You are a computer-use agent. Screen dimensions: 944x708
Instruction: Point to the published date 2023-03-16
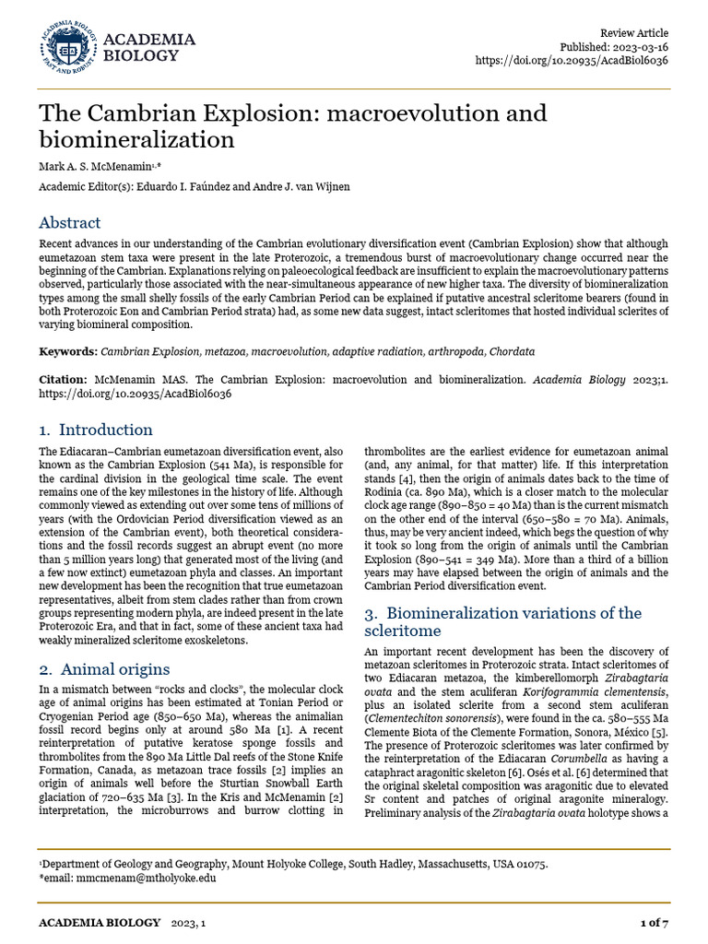(637, 46)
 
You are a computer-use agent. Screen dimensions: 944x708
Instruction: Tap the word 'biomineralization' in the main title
(136, 139)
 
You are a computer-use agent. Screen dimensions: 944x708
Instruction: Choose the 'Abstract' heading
(69, 223)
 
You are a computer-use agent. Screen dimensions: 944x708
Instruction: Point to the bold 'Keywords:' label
(67, 352)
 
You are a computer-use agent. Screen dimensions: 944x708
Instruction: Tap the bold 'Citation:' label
(63, 380)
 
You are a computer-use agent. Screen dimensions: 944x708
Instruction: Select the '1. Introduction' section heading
(95, 430)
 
